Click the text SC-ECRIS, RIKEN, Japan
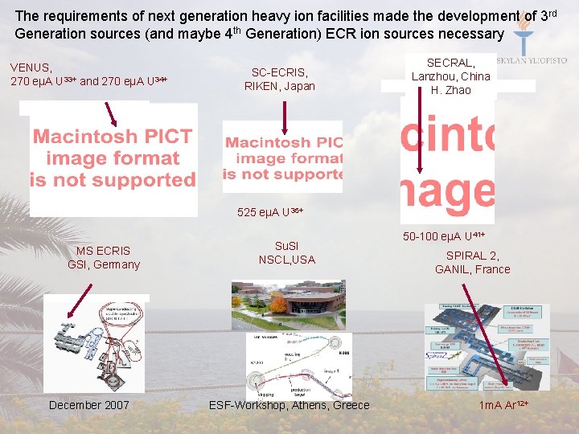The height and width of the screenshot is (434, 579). [x=279, y=79]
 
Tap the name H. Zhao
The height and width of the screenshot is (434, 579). [x=451, y=90]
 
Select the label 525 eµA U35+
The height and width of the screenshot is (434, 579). [x=270, y=212]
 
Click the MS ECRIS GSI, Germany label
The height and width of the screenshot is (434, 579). [x=104, y=257]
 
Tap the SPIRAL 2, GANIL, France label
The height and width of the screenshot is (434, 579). [x=473, y=262]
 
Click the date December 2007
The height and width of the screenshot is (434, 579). [x=88, y=405]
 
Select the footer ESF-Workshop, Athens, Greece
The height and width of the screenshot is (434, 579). [x=289, y=405]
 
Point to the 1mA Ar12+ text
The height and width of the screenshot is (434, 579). [x=504, y=405]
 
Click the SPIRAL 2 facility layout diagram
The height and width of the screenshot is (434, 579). [x=487, y=346]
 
